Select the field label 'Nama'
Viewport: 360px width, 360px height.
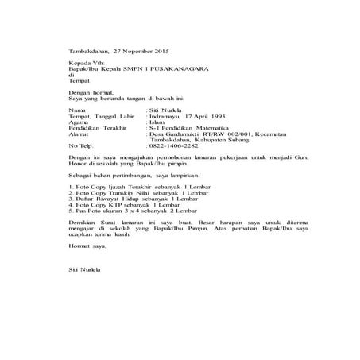click(x=76, y=109)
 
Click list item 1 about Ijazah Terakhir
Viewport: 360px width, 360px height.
click(x=135, y=184)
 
